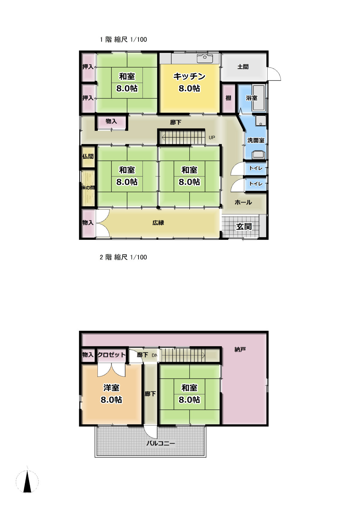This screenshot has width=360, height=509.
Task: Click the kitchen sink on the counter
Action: tap(205, 58)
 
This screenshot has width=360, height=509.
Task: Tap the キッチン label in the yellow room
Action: tap(189, 76)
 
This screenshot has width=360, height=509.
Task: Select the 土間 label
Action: tap(243, 67)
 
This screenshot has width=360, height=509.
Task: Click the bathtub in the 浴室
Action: tap(259, 98)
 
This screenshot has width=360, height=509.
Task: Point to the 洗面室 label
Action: tap(256, 140)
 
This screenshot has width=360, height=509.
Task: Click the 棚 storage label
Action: tap(228, 98)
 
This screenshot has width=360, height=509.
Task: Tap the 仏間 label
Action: tap(88, 156)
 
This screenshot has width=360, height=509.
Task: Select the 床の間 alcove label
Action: tap(88, 188)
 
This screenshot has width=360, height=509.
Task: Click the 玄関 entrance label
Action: tap(244, 226)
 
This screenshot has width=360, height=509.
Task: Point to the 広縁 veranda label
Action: tap(158, 223)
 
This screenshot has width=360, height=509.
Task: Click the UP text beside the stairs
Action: tap(212, 137)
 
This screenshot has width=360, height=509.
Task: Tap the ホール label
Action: tap(243, 202)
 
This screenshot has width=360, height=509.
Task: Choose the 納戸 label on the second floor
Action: tap(240, 349)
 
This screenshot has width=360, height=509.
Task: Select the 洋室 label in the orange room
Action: tap(111, 388)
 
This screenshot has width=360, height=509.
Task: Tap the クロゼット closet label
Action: tap(111, 355)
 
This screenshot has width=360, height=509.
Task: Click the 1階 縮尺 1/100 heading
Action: tap(123, 40)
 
